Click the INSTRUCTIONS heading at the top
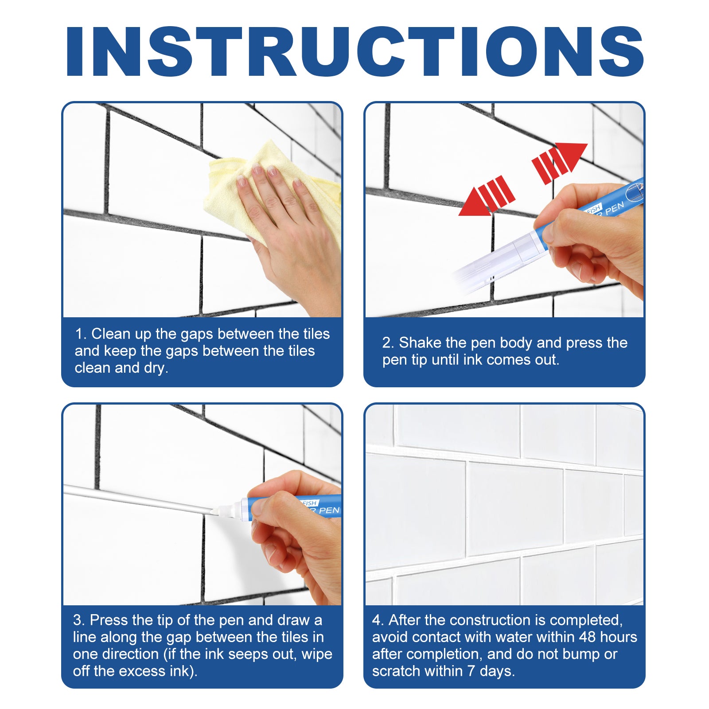[x=354, y=52]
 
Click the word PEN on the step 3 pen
[x=329, y=510]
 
